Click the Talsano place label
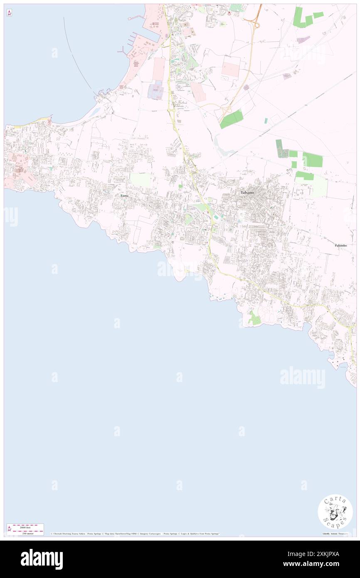tap(249, 193)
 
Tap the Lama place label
tap(123, 195)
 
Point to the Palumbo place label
tap(340, 245)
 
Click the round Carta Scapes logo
tap(335, 511)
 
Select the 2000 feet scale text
tap(25, 527)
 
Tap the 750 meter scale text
tap(25, 532)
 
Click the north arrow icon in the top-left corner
tap(9, 13)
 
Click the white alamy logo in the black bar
tap(42, 559)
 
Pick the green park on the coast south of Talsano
tap(254, 319)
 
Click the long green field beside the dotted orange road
tap(231, 119)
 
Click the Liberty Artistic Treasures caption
tap(337, 534)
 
